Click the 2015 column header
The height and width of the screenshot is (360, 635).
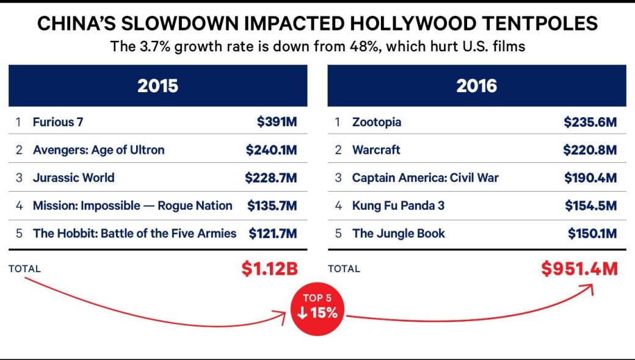[x=158, y=86]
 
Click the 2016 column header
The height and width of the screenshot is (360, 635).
[x=477, y=86]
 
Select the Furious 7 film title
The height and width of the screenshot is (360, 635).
[x=58, y=122]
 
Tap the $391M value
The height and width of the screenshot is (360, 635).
[x=277, y=122]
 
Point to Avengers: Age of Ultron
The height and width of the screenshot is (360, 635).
[x=99, y=150]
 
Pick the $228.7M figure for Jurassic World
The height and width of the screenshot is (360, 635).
[x=271, y=178]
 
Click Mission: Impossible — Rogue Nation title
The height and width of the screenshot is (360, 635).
[x=132, y=206]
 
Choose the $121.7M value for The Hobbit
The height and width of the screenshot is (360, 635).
[x=273, y=234]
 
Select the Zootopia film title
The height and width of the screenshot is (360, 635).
[x=377, y=122]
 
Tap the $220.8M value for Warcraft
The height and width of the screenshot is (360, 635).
[x=590, y=150]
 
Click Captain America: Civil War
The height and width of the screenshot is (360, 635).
[x=425, y=178]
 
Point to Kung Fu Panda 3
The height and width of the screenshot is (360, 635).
[x=398, y=206]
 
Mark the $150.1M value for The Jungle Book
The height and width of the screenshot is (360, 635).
[x=592, y=234]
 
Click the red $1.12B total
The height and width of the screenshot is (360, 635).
[x=270, y=268]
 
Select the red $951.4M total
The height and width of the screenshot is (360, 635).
[x=579, y=268]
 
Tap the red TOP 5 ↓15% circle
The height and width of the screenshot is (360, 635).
[x=317, y=309]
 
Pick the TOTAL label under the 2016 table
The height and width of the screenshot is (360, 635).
[x=344, y=269]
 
